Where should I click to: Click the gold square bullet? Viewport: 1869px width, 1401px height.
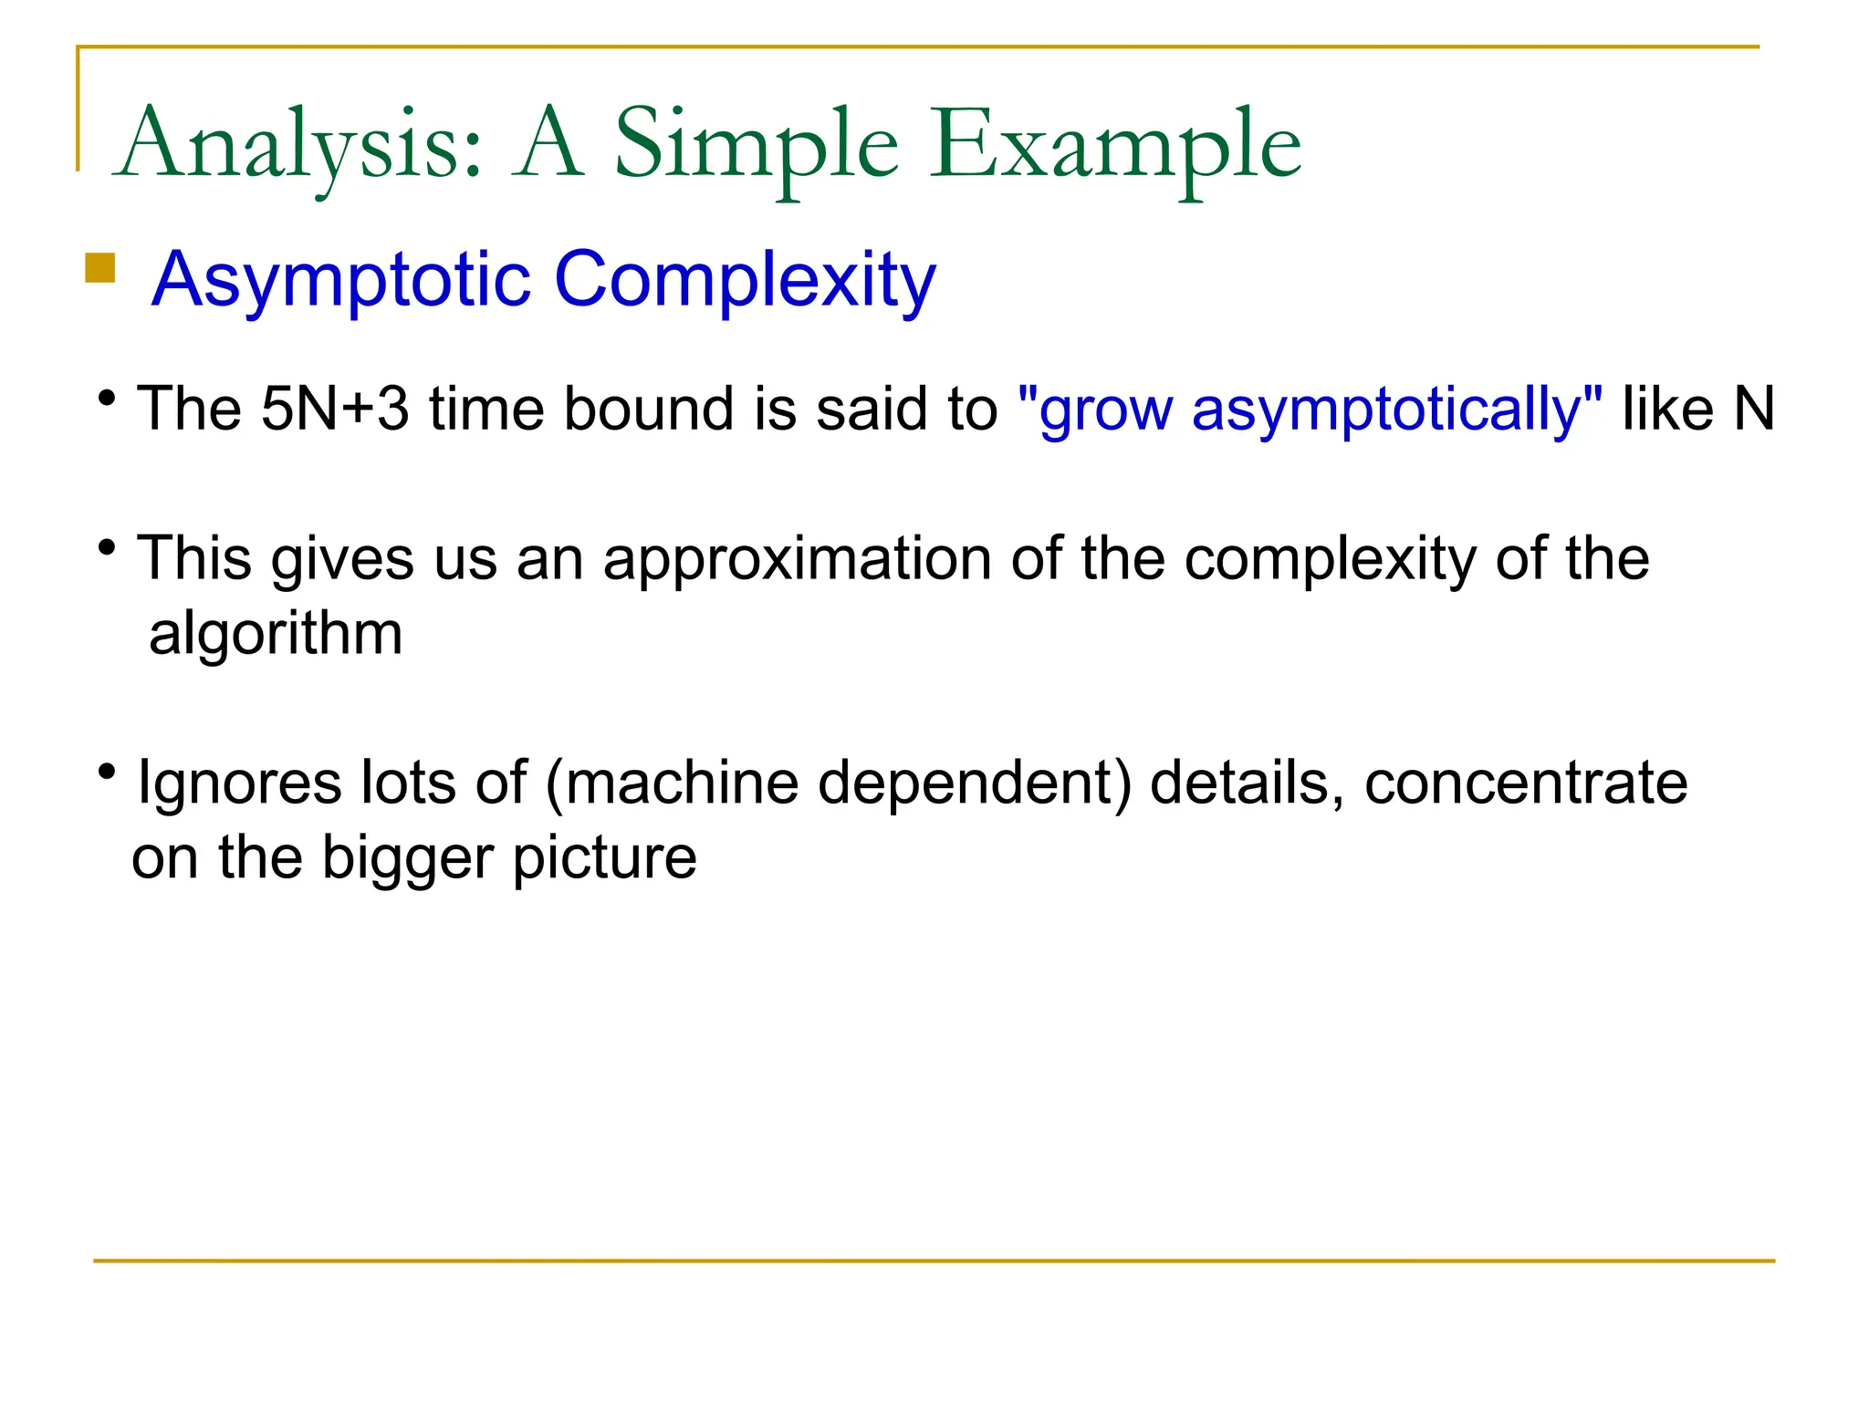pyautogui.click(x=99, y=268)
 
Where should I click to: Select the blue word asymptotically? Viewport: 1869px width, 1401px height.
pyautogui.click(x=1396, y=410)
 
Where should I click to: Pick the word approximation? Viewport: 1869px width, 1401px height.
pyautogui.click(x=797, y=558)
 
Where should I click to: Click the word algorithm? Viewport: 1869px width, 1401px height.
pyautogui.click(x=276, y=633)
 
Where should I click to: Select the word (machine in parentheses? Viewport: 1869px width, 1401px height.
pyautogui.click(x=672, y=783)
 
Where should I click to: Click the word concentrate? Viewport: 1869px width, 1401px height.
pyautogui.click(x=1526, y=783)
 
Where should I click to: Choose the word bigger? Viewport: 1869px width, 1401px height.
pyautogui.click(x=407, y=858)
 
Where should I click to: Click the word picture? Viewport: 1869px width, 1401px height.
pyautogui.click(x=604, y=858)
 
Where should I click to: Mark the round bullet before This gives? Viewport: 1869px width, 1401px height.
pyautogui.click(x=108, y=548)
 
